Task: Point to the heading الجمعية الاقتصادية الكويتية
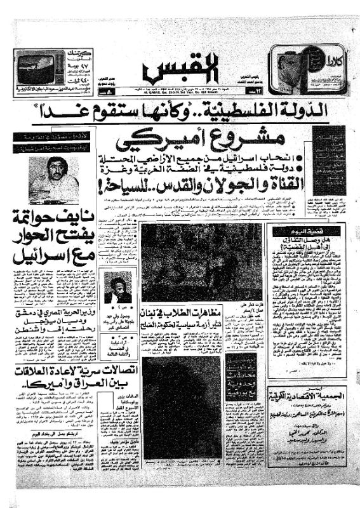coord(307,401)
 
